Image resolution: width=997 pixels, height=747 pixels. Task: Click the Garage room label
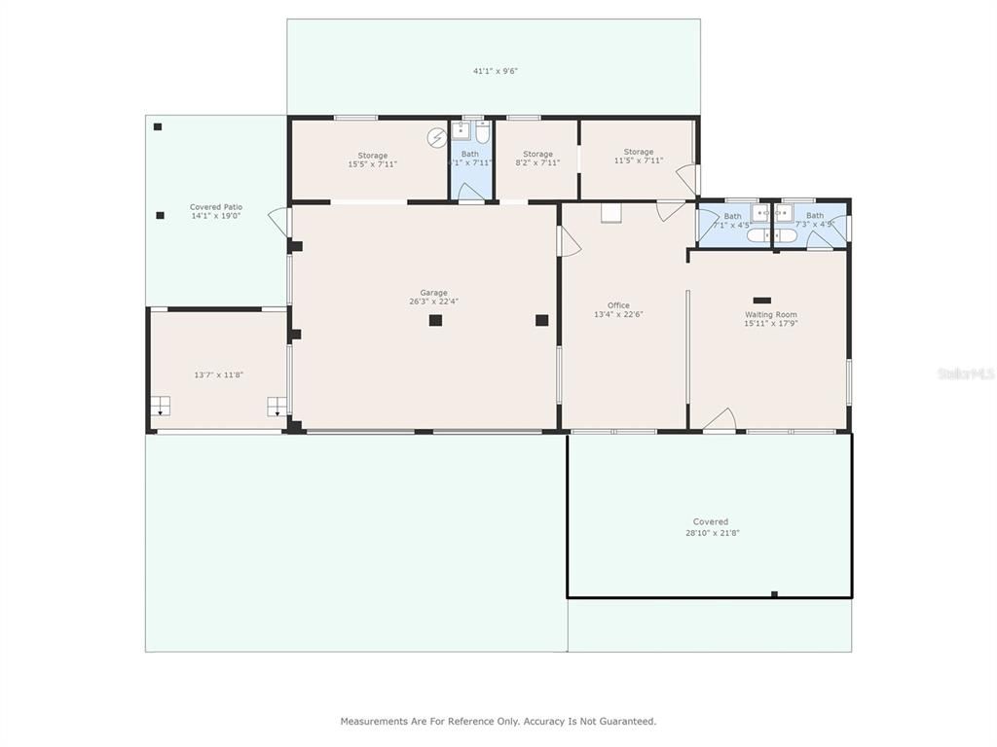click(433, 297)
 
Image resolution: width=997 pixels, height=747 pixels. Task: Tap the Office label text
click(618, 309)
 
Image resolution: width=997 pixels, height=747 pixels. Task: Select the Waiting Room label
click(770, 318)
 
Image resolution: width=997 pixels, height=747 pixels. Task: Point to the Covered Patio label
click(215, 211)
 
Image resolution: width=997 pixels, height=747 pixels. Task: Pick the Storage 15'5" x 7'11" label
click(372, 160)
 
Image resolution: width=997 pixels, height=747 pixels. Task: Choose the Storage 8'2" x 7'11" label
click(537, 159)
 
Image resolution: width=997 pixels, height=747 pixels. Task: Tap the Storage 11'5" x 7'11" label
click(639, 156)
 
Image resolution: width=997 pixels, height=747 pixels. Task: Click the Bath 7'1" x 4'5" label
click(732, 220)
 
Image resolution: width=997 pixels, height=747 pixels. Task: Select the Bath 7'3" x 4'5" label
click(814, 220)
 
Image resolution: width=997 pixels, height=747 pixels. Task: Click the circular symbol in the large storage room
click(436, 137)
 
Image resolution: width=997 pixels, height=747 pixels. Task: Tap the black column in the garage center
click(435, 320)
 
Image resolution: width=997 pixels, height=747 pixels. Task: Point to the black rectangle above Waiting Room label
click(761, 301)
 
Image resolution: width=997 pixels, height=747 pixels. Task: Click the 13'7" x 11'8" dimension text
click(218, 374)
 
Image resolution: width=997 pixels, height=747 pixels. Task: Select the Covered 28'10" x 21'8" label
click(711, 527)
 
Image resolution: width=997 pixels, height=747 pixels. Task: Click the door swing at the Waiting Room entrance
click(719, 420)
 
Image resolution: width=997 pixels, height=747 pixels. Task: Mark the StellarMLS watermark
click(966, 373)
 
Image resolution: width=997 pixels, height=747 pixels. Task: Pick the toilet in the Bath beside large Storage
click(482, 132)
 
